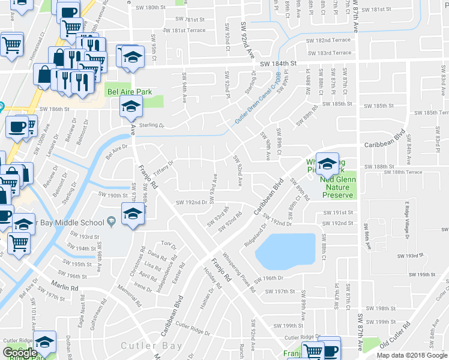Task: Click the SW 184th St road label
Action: click(279, 64)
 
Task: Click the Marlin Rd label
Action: click(65, 287)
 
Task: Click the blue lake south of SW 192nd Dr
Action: click(285, 251)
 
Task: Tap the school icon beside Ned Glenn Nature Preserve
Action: click(327, 163)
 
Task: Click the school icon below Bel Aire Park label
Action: click(130, 107)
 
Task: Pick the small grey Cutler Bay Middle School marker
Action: click(110, 223)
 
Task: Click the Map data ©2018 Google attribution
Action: click(412, 355)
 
